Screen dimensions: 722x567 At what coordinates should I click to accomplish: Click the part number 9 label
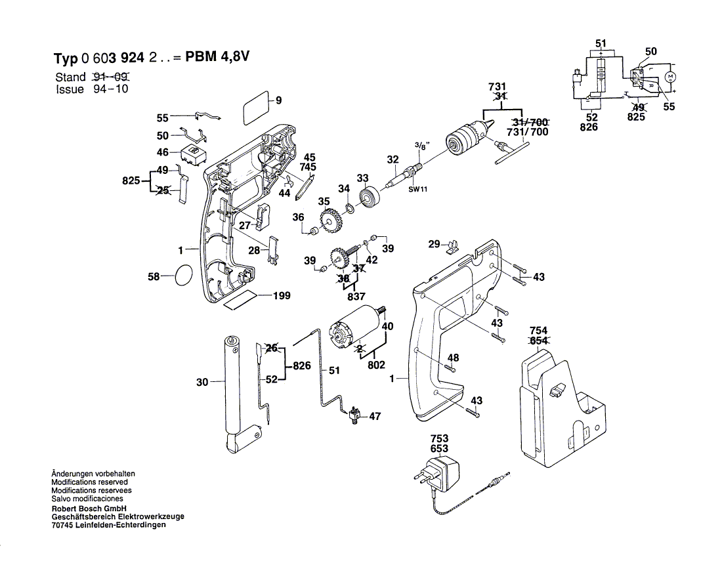pos(278,100)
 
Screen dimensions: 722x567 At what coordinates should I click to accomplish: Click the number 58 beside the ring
pos(154,276)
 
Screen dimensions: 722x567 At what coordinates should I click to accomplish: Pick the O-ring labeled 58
pos(183,276)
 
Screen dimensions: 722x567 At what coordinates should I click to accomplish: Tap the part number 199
pos(282,295)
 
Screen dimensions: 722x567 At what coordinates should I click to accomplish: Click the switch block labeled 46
pos(193,154)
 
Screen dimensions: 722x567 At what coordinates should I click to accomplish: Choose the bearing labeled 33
pos(368,198)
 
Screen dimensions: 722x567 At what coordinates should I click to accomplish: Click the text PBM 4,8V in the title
pos(217,57)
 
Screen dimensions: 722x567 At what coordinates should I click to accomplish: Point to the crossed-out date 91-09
pos(112,77)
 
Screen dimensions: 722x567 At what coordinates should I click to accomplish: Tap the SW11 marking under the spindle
pos(417,189)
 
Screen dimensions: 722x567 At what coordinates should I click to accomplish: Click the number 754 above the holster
pos(538,331)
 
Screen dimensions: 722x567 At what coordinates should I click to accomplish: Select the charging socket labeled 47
pos(354,415)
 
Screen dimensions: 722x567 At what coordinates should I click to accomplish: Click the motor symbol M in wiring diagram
pos(670,76)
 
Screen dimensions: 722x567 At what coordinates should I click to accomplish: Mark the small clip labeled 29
pos(453,247)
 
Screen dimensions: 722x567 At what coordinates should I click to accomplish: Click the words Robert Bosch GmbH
pos(89,509)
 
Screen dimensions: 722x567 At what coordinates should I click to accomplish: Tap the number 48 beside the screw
pos(453,358)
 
